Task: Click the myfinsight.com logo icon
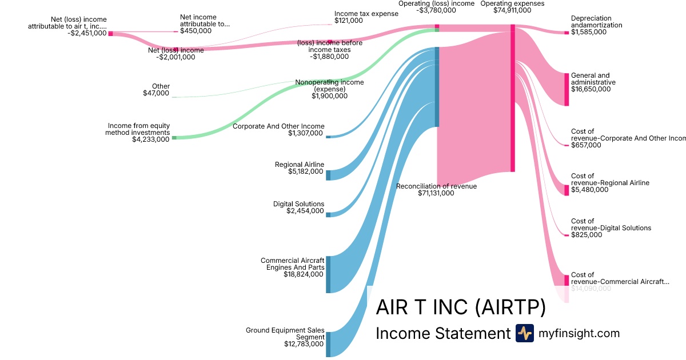point(524,333)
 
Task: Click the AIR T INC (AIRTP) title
point(461,308)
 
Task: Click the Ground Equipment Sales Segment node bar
point(328,344)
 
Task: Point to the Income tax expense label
point(366,14)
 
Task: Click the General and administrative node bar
point(567,89)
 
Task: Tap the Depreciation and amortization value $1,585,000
point(589,32)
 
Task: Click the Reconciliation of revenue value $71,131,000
point(436,193)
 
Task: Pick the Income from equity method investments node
point(174,138)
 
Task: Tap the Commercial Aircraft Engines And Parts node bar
point(328,274)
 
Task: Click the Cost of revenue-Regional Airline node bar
point(567,190)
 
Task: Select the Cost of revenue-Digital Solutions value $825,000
point(587,235)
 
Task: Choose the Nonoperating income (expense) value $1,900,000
point(329,96)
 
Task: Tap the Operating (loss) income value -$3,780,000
point(436,10)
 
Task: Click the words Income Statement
point(442,334)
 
